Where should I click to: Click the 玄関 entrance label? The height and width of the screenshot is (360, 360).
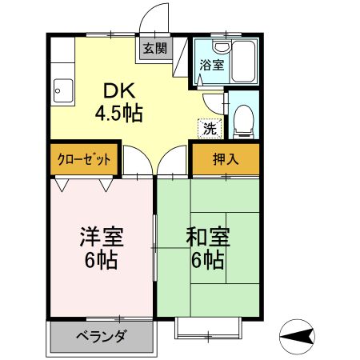[155, 48]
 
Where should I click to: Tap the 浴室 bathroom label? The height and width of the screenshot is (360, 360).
[210, 64]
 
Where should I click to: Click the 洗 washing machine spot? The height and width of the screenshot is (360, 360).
[209, 126]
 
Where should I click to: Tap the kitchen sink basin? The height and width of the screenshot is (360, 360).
[62, 89]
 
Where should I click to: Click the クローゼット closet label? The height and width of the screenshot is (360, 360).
[84, 159]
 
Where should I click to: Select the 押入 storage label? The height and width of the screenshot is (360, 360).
[225, 159]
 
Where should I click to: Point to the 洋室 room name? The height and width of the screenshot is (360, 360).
[100, 238]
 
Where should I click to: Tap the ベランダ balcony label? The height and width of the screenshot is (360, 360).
[101, 336]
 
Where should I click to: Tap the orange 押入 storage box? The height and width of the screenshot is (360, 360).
[226, 159]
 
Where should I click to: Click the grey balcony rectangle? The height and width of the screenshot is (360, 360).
[101, 336]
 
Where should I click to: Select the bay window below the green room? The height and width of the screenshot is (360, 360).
[208, 326]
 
